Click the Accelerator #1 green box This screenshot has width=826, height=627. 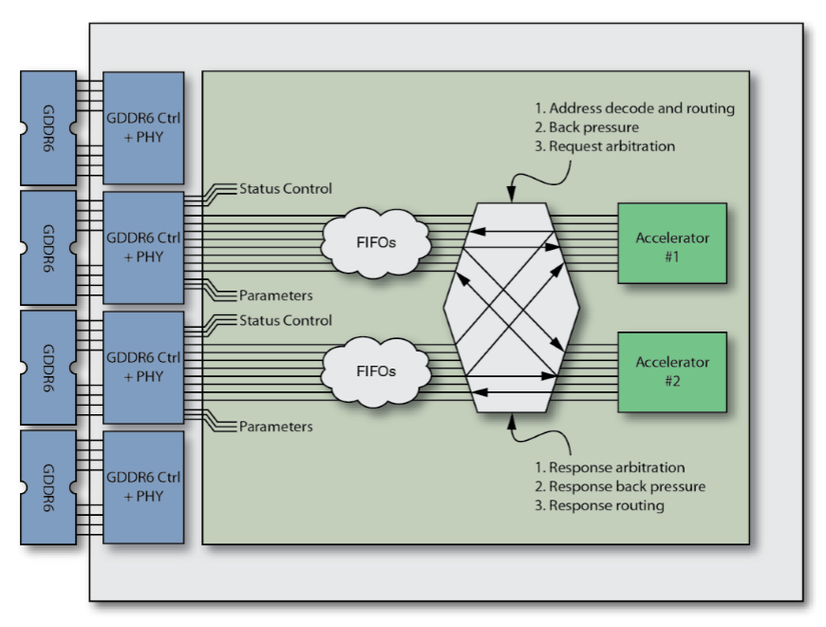(x=671, y=243)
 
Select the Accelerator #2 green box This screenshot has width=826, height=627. (x=671, y=372)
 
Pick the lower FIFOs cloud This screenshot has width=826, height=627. (x=377, y=371)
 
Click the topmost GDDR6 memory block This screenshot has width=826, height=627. (x=48, y=128)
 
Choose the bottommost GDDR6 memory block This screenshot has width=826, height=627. (x=48, y=487)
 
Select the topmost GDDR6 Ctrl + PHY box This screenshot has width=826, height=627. (x=143, y=128)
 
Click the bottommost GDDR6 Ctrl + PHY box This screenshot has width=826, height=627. (x=143, y=487)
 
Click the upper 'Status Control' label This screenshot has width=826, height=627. (x=286, y=189)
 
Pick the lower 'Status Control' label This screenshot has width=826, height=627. (x=286, y=320)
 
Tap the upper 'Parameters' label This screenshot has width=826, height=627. (x=275, y=295)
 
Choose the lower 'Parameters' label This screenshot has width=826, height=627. (x=275, y=427)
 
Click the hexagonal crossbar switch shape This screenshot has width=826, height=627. (x=512, y=307)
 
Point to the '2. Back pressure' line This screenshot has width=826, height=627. (x=593, y=127)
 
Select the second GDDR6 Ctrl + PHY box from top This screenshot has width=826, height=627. (x=143, y=248)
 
